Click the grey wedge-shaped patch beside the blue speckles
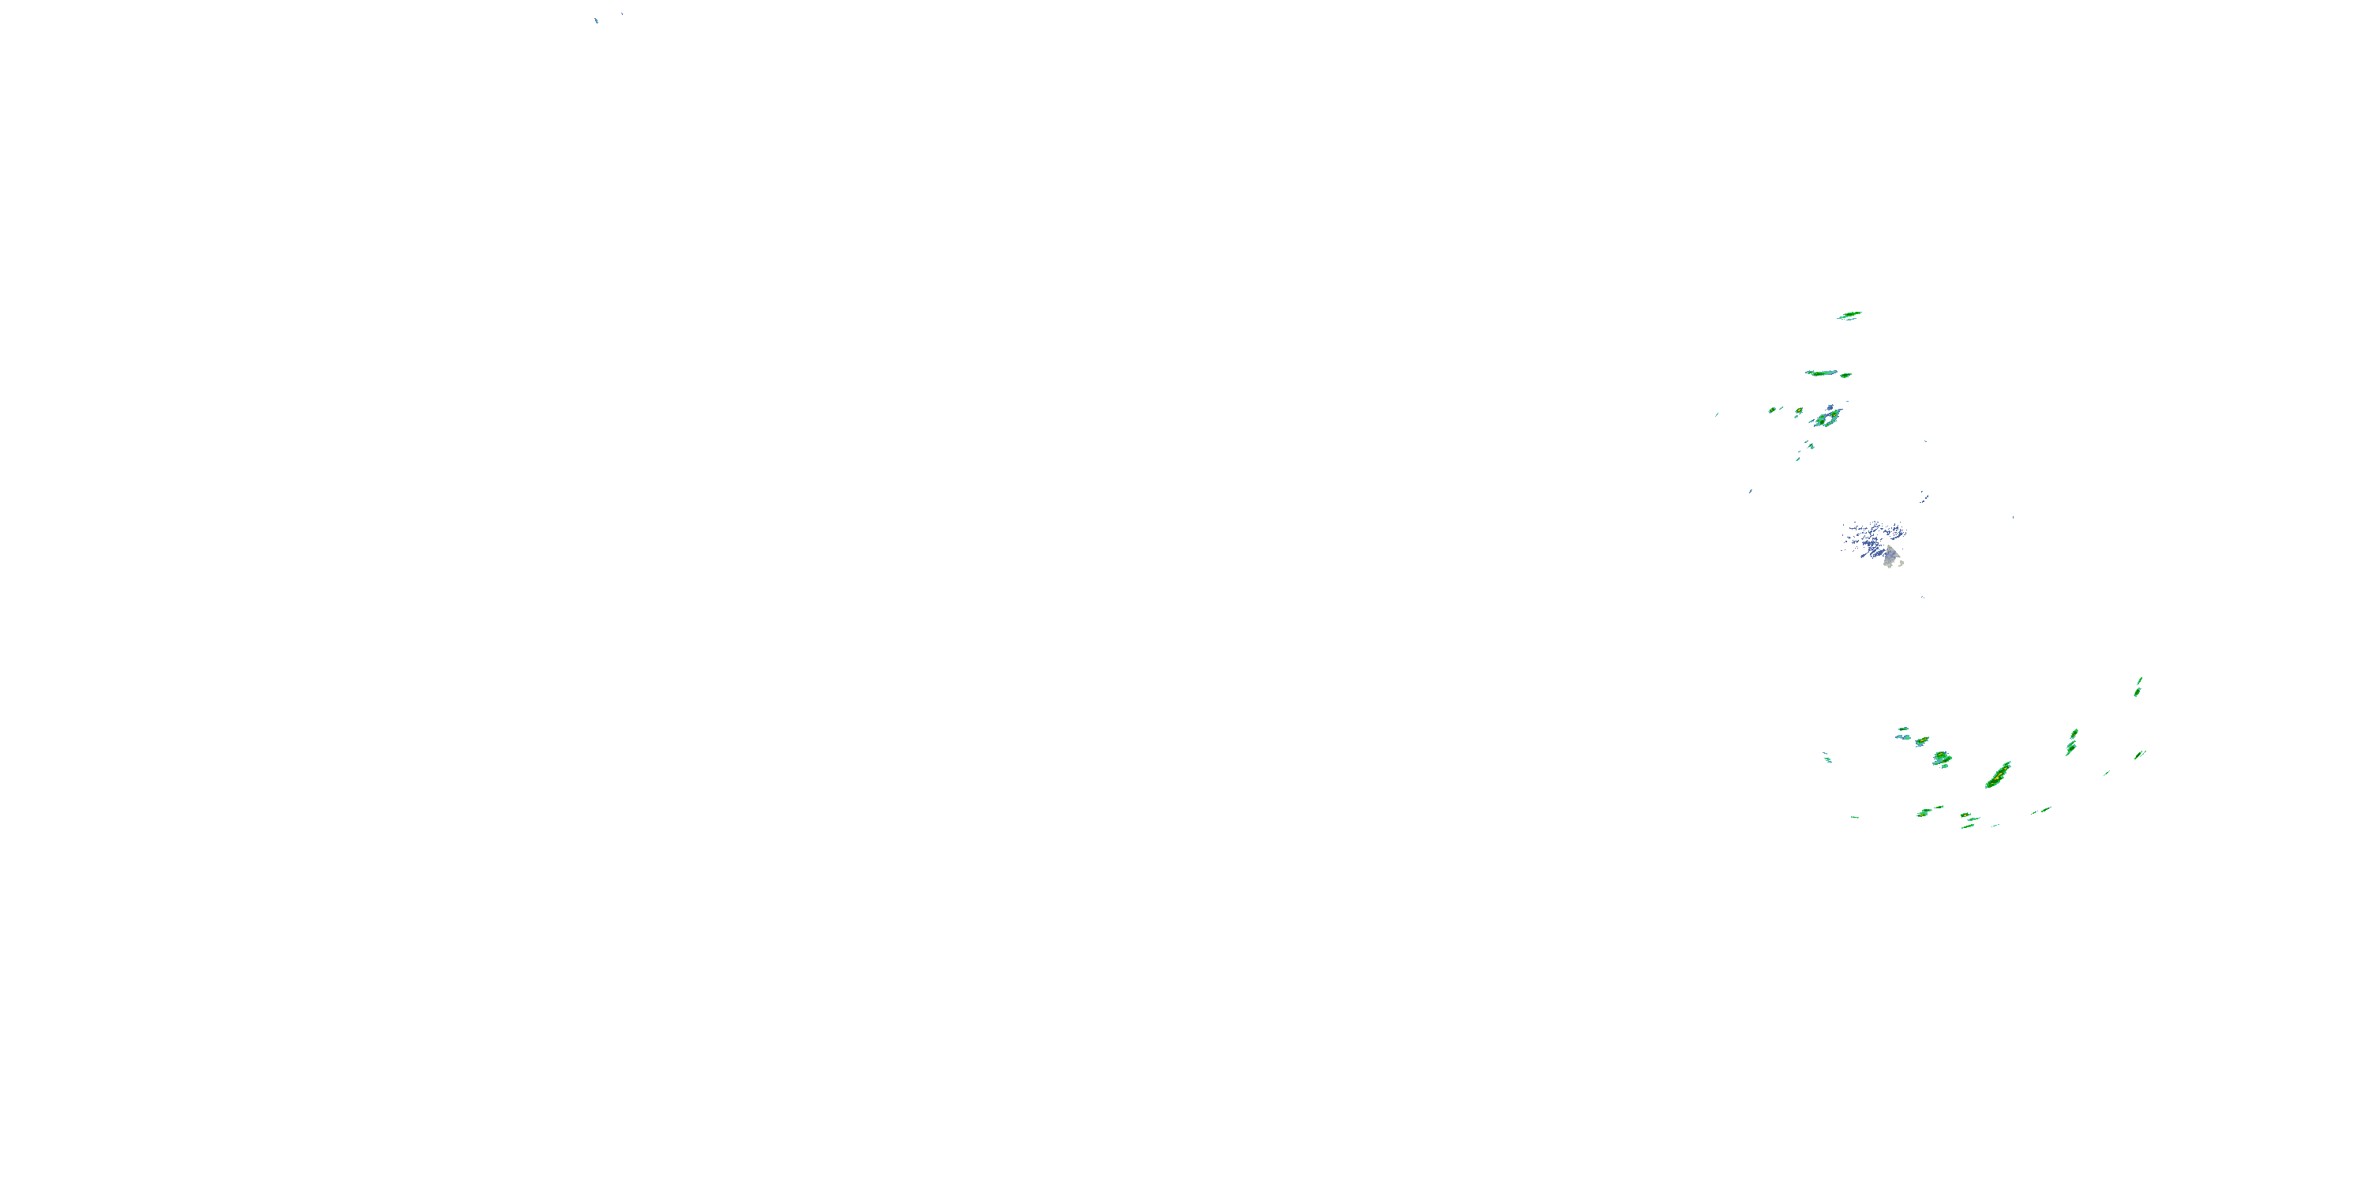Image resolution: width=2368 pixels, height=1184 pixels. pos(1890,555)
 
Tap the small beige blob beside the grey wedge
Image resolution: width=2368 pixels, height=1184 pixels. pos(1900,563)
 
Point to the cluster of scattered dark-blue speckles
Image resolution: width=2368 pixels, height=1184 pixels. pos(1872,537)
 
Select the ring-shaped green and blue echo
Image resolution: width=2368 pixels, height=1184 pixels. pos(1827,419)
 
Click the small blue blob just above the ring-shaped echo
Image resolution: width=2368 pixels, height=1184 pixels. pos(1831,407)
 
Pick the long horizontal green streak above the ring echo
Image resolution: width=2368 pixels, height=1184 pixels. pos(1821,373)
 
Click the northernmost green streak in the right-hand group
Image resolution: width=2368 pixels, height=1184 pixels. pos(1849,315)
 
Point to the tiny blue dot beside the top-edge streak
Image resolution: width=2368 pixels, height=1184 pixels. pos(621,13)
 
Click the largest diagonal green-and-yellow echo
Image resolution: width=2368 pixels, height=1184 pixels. pos(1999,775)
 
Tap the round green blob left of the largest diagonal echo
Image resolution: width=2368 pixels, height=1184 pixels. pos(1942,759)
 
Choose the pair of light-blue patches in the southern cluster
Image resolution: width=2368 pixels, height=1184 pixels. pos(1901,733)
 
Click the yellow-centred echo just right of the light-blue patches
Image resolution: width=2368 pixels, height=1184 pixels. pos(1921,741)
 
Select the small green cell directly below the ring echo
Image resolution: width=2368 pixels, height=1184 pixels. pos(1810,445)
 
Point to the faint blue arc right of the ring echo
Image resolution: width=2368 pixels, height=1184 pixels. pos(1925,496)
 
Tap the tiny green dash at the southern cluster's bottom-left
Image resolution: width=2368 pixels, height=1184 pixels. pos(1855,816)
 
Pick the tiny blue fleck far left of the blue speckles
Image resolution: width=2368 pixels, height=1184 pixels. pos(1750,491)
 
